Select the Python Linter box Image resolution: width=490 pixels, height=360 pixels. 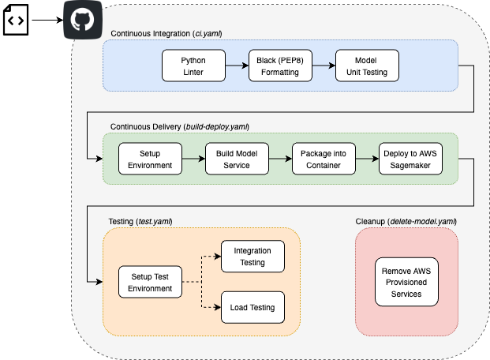click(x=193, y=66)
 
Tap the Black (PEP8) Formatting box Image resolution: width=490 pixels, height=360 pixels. click(x=280, y=66)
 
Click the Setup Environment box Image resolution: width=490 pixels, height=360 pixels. click(x=150, y=159)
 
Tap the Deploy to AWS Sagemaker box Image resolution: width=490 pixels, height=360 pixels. click(x=410, y=159)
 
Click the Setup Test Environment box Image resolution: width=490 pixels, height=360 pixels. click(x=150, y=282)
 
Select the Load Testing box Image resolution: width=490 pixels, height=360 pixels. click(x=252, y=306)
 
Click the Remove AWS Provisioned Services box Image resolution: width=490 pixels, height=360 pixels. click(x=407, y=282)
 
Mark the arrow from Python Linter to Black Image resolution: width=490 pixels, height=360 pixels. click(x=237, y=66)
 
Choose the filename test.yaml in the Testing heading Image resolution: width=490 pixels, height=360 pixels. click(x=155, y=220)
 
